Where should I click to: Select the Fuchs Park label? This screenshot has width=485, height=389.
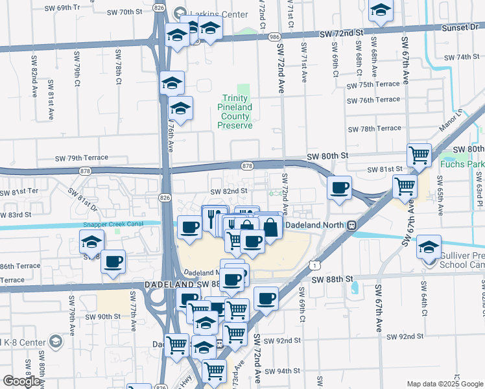462,164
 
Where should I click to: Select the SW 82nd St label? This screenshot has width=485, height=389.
229,191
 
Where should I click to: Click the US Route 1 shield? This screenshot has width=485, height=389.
314,265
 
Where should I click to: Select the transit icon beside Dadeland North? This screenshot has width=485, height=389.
351,225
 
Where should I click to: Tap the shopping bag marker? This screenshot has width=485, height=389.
270,227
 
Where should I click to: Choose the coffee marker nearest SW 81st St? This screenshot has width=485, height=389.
340,188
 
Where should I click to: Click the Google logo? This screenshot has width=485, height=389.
22,381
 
